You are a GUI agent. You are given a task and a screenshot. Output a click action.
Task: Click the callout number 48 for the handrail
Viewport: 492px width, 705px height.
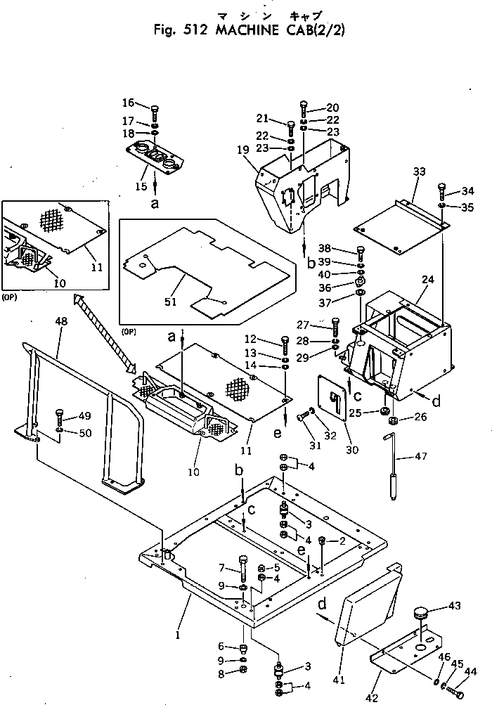point(62,321)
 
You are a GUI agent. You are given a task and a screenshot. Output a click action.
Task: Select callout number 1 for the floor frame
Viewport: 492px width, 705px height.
point(178,635)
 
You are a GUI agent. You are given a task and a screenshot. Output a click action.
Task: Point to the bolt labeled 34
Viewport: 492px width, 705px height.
point(441,188)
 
